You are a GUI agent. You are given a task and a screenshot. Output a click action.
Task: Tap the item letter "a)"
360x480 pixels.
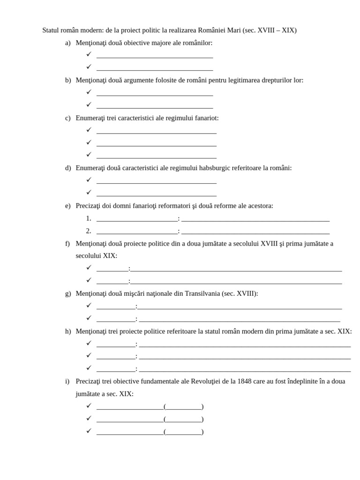[68, 43]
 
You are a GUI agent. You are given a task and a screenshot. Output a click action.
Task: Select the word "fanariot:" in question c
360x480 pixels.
[205, 118]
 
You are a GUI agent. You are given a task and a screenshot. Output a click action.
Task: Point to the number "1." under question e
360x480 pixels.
[89, 218]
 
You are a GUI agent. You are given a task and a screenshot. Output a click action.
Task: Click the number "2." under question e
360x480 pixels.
[89, 231]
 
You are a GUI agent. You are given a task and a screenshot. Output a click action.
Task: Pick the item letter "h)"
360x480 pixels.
[68, 331]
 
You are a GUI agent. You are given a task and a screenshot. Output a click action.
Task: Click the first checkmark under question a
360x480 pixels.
[89, 54]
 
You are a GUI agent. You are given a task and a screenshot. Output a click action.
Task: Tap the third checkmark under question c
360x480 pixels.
[89, 155]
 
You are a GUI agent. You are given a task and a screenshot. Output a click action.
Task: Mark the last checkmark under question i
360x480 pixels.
[89, 431]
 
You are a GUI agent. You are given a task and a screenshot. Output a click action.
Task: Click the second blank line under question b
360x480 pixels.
[155, 107]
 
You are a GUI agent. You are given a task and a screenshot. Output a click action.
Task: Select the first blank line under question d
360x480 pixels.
[157, 182]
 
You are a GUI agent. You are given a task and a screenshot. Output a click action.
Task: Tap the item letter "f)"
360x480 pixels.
[68, 244]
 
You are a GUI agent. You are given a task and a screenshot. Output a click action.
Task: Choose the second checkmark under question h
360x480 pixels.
[89, 355]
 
